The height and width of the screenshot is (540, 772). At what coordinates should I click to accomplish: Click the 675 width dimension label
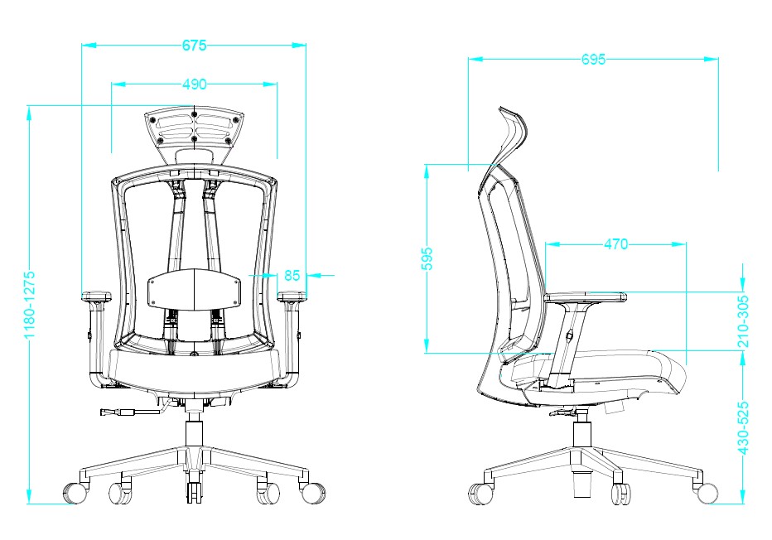tap(194, 46)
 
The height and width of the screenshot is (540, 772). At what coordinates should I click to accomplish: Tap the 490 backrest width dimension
tap(194, 84)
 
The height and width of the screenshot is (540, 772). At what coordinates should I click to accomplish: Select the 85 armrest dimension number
tap(292, 275)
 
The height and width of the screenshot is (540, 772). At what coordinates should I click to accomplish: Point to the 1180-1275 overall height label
tap(30, 304)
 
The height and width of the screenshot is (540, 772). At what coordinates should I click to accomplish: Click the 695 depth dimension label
tap(593, 59)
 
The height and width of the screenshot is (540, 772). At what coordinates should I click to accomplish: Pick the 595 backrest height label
tap(427, 258)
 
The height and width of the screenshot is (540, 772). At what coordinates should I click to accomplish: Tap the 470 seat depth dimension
tap(615, 243)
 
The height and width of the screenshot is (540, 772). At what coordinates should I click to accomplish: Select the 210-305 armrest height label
tap(744, 321)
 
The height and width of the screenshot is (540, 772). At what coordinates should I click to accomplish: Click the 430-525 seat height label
tap(744, 427)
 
